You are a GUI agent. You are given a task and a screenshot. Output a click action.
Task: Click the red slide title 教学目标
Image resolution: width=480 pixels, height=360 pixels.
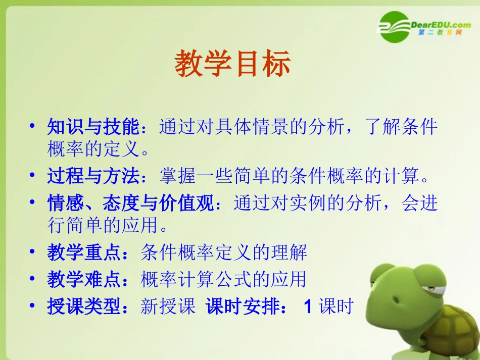(233, 64)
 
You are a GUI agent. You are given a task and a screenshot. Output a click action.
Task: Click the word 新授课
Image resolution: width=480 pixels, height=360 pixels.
(168, 306)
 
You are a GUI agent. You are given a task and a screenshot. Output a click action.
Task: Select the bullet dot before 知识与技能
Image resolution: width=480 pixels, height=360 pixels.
(33, 127)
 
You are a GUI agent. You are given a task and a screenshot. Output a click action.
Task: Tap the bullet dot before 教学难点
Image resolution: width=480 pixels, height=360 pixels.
(33, 279)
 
